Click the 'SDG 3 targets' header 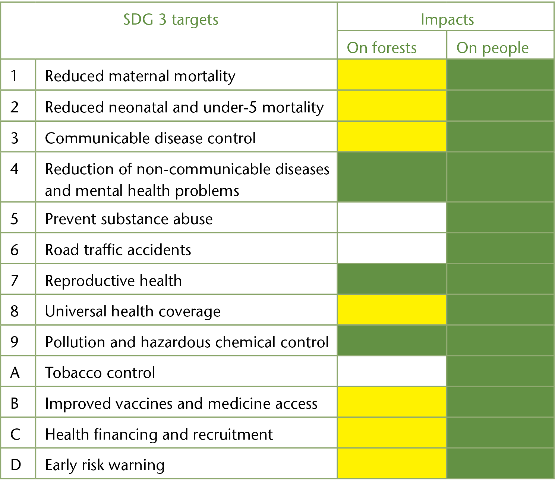(171, 20)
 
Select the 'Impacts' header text (447, 19)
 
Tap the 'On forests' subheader (382, 48)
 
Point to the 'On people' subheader (492, 48)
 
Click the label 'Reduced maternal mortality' (140, 76)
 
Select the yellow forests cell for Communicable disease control (392, 137)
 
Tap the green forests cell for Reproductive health (392, 280)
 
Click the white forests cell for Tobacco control (392, 371)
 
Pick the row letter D (16, 465)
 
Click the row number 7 (15, 280)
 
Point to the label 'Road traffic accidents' (118, 250)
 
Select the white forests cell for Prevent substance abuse (392, 218)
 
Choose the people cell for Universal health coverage (500, 310)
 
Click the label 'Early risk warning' (105, 465)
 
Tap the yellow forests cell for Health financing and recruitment (392, 433)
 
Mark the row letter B (15, 403)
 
